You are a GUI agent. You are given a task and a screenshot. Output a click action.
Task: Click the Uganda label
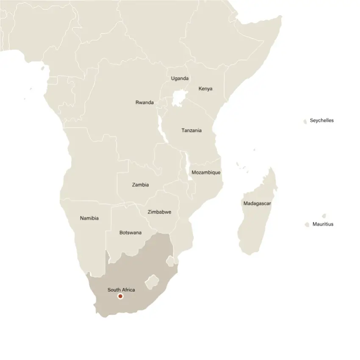180,78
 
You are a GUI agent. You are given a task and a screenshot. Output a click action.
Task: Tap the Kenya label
205,89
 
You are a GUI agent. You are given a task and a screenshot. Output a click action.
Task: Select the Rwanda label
144,102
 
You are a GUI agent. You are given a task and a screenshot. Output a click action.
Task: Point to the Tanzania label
191,130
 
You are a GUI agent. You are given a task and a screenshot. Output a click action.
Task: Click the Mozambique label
206,172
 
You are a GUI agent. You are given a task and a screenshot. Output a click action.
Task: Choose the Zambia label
140,185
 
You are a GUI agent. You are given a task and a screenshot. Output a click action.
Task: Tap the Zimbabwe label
159,212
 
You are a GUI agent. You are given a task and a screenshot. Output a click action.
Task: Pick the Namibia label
89,218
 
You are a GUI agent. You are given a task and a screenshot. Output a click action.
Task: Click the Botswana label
130,233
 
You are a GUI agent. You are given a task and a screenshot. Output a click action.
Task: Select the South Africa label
121,290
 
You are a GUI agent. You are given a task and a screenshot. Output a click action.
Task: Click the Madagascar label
257,203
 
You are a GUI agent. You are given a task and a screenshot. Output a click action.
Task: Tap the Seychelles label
321,120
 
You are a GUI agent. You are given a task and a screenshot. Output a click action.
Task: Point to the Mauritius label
323,224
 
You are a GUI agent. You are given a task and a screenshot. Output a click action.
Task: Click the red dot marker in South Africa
120,297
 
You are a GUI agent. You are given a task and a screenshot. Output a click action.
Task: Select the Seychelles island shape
305,122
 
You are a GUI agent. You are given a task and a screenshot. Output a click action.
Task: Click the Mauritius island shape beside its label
307,225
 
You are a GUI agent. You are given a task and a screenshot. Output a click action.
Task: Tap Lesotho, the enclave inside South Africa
152,281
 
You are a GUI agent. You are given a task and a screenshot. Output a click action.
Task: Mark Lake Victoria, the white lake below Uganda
180,99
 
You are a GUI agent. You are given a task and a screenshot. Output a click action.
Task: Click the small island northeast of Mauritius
324,216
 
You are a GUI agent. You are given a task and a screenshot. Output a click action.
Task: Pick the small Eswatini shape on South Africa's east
170,261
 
